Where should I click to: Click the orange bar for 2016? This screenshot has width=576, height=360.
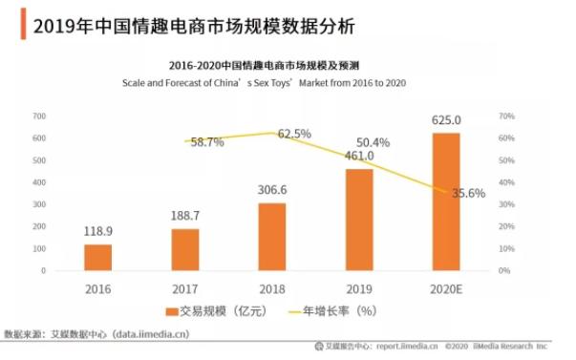pos(97,258)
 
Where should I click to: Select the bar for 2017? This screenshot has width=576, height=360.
pos(185,250)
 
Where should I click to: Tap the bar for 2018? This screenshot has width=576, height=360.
pos(272,237)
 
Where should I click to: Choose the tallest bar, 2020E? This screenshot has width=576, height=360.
pos(446,201)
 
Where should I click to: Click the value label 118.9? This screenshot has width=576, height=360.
pos(97,232)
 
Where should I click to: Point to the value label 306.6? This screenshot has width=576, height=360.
pos(272,190)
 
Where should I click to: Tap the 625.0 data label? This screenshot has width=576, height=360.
pos(447,120)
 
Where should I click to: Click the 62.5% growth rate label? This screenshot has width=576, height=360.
pos(294,135)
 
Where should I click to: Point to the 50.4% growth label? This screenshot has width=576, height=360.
pos(373,142)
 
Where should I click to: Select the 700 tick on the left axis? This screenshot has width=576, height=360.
pos(38,116)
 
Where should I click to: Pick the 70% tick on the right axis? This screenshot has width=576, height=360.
pos(506,116)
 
